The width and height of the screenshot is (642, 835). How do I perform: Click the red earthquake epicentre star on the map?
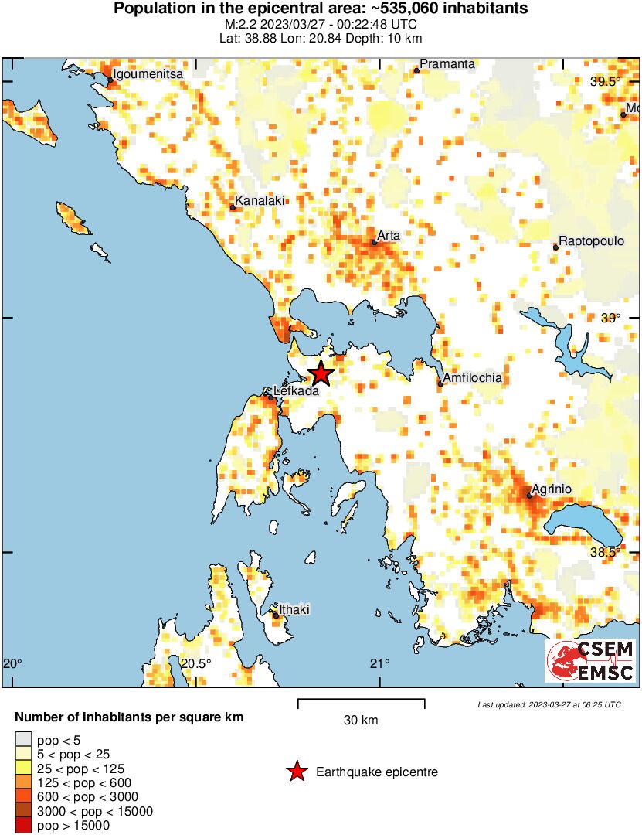coord(321,374)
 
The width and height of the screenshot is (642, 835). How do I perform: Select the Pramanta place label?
coord(447,64)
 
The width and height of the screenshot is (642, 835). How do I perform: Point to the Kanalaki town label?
coord(260,201)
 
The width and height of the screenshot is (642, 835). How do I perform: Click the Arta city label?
coord(389,235)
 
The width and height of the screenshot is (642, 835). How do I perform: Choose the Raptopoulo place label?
coord(591,240)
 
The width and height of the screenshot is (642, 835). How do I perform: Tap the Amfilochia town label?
coord(472,378)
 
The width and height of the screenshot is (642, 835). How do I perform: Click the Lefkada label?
coord(296,392)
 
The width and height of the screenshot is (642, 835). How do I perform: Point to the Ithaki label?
coord(294,610)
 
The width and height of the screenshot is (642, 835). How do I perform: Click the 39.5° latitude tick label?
coord(605,83)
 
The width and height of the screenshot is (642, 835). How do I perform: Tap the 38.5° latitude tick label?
coord(605,552)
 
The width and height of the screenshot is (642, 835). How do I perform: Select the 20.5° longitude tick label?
coord(196,663)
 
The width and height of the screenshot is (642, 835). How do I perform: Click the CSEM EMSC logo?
coord(590,660)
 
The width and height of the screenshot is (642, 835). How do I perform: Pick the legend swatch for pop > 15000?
coord(24,826)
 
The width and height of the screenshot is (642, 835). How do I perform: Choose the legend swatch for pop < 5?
coord(24,741)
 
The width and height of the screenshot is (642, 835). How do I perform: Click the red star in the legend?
coord(296,772)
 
